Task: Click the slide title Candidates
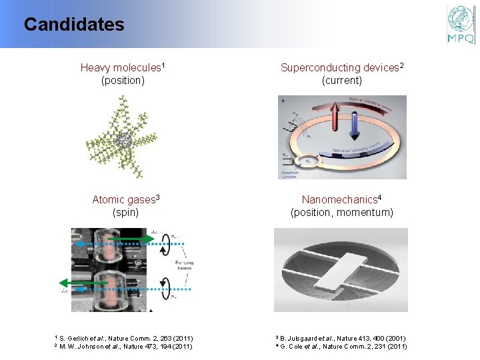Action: tap(74, 25)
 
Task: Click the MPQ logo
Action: tap(461, 25)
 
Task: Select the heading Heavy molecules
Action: tap(122, 67)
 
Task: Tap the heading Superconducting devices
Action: tap(341, 67)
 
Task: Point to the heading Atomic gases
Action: tap(125, 199)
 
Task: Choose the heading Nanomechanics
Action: tap(341, 199)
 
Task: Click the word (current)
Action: tap(341, 81)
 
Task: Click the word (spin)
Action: tap(125, 213)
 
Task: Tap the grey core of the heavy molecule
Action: tap(123, 139)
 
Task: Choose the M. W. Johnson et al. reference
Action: tap(123, 346)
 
